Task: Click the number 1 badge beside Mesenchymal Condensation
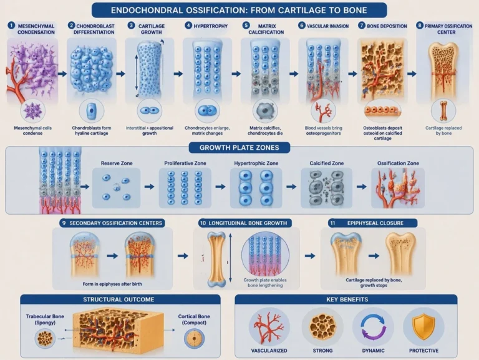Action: click(x=11, y=26)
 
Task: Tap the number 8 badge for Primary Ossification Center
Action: click(x=420, y=26)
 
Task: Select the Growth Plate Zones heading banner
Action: click(x=239, y=148)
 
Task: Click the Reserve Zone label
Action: click(x=117, y=163)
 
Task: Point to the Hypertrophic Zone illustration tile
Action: click(x=256, y=188)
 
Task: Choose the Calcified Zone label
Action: click(x=327, y=163)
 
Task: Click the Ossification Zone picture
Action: click(x=398, y=188)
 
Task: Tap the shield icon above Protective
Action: click(x=423, y=326)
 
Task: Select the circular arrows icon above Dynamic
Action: click(x=373, y=327)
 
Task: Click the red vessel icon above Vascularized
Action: click(x=269, y=327)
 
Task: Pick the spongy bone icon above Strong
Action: click(x=322, y=327)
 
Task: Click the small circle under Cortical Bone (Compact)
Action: click(x=194, y=338)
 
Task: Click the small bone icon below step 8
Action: click(x=443, y=111)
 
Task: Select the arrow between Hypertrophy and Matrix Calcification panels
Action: click(x=236, y=74)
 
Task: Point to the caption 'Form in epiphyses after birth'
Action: click(x=112, y=284)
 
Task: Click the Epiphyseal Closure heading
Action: click(x=375, y=223)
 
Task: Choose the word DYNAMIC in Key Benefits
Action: click(x=374, y=351)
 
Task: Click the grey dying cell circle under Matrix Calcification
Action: click(x=265, y=111)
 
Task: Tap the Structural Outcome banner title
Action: click(x=119, y=299)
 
